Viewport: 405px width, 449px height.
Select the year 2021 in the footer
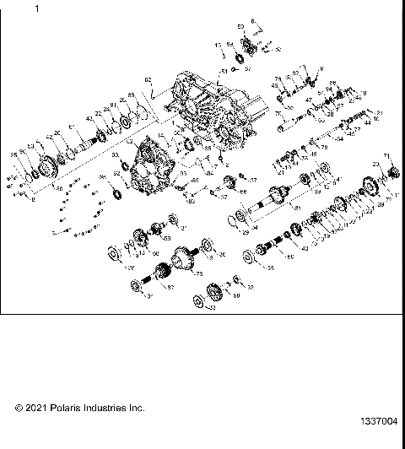34,408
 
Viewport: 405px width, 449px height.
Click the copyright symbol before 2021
19,408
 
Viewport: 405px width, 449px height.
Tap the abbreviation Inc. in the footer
136,408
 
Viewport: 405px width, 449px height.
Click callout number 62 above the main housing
148,81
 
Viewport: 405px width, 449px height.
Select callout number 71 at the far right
386,157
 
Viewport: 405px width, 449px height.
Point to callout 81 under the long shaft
294,207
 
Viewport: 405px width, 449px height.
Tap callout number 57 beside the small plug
249,70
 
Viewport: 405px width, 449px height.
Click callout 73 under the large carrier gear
198,275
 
